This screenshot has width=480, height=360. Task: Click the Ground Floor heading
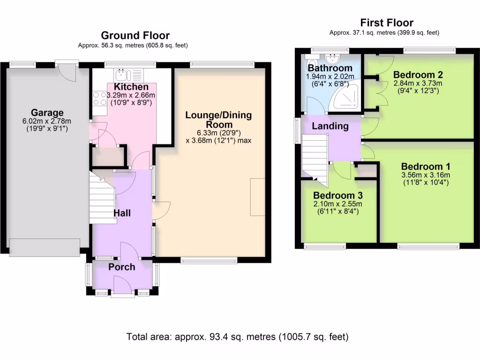(x=135, y=35)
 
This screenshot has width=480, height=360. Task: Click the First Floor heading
(x=387, y=22)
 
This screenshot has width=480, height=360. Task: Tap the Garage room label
(x=47, y=112)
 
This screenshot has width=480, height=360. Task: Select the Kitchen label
(x=131, y=87)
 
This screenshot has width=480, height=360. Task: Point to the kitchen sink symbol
(x=121, y=74)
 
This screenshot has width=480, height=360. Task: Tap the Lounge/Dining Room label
(x=218, y=120)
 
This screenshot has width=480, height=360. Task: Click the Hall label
(x=122, y=213)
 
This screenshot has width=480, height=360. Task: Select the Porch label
(x=122, y=267)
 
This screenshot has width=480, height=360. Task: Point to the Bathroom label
(x=330, y=68)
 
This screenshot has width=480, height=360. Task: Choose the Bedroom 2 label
(x=418, y=75)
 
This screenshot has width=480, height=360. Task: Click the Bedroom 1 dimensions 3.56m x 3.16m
(x=425, y=176)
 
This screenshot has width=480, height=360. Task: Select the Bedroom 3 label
(x=338, y=195)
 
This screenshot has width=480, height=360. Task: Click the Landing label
(x=330, y=126)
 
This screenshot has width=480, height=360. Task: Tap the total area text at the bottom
(x=238, y=337)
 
